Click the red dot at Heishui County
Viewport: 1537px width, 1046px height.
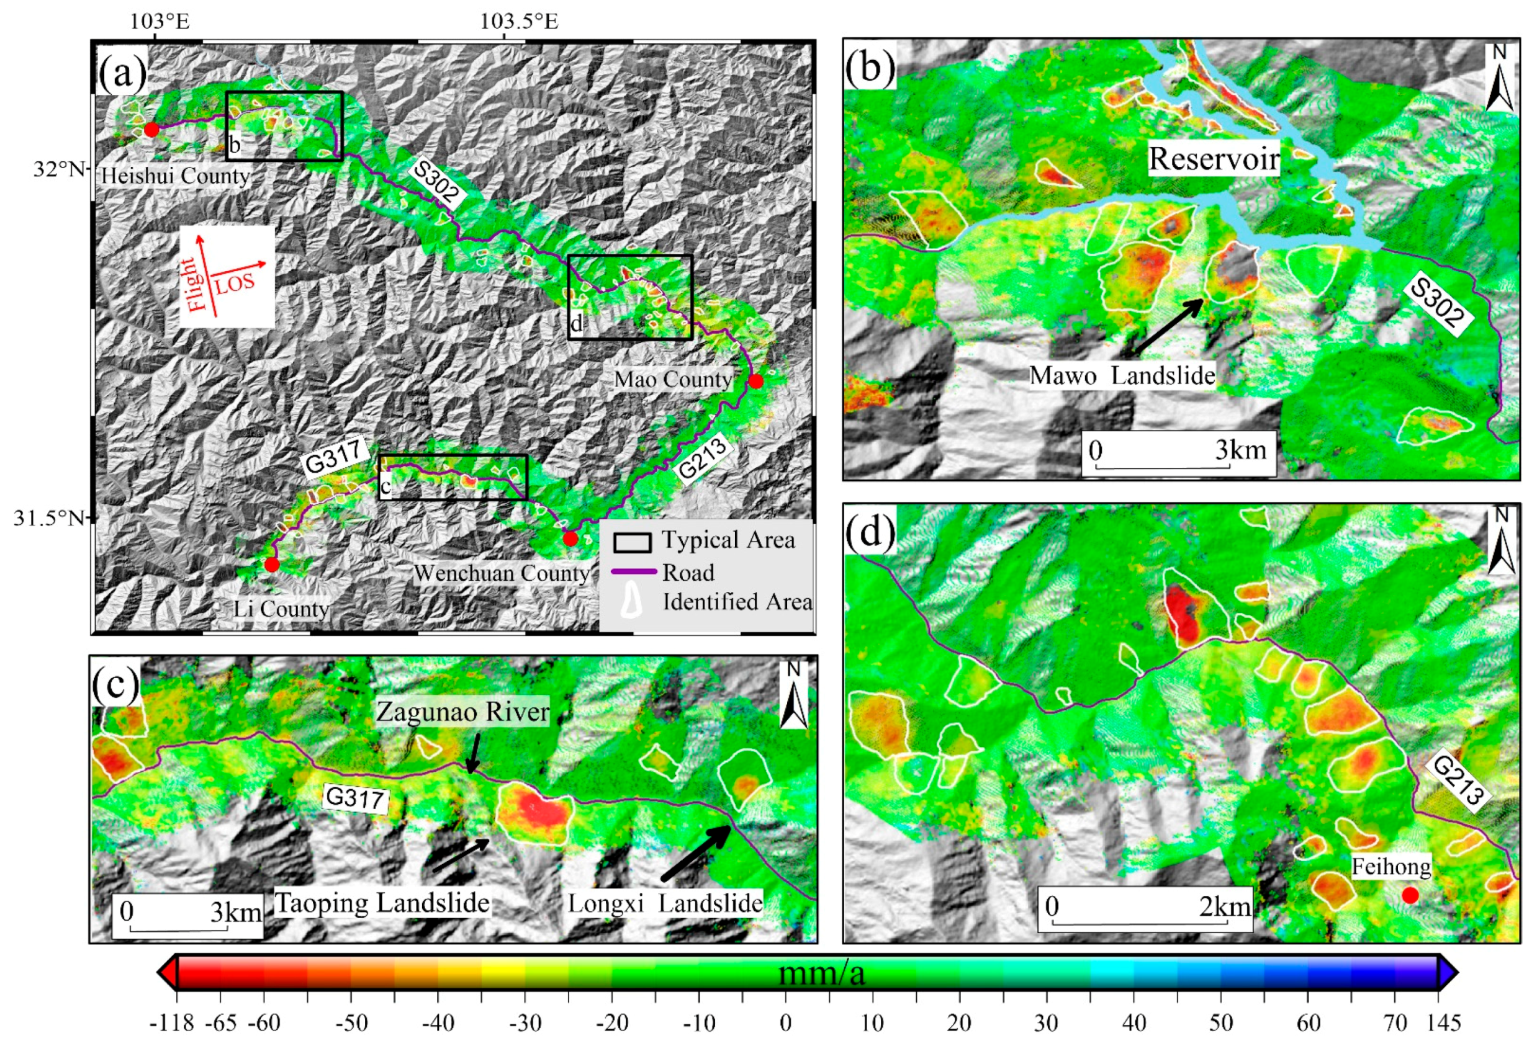(151, 130)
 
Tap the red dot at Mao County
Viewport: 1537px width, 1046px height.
(756, 382)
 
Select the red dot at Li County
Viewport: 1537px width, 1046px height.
(272, 564)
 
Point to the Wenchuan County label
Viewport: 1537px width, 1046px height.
(502, 573)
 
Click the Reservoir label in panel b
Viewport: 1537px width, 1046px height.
(1214, 159)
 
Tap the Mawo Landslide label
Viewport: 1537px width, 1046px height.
(1122, 375)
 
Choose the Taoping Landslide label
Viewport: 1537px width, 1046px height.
(382, 903)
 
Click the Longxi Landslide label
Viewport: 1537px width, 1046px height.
(665, 903)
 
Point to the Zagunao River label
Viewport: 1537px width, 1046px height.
(463, 712)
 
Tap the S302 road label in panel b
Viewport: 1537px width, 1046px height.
(1440, 304)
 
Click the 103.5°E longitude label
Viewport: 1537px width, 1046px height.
(519, 21)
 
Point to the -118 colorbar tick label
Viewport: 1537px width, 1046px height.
(172, 1024)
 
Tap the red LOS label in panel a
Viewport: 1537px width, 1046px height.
(235, 283)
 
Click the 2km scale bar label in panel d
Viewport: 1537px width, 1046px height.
(1225, 906)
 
